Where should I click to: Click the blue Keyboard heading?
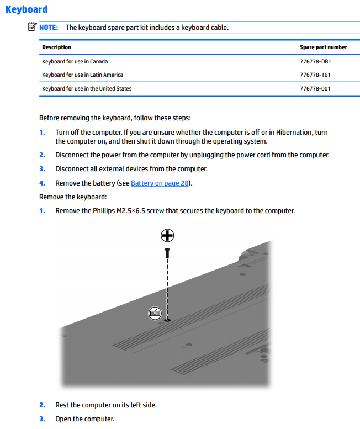click(x=26, y=9)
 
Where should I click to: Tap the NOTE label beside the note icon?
click(x=49, y=27)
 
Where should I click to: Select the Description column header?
click(x=56, y=47)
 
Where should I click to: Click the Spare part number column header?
click(x=323, y=47)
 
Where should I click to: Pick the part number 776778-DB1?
click(x=315, y=61)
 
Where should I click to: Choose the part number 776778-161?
click(x=315, y=75)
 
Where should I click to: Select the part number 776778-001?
click(x=315, y=88)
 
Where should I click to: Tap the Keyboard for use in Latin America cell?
click(x=82, y=75)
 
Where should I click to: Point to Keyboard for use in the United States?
click(x=87, y=88)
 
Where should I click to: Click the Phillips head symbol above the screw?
click(x=167, y=236)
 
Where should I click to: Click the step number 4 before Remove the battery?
click(x=42, y=183)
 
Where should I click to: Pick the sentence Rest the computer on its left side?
click(x=105, y=405)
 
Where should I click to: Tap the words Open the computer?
click(x=84, y=419)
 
